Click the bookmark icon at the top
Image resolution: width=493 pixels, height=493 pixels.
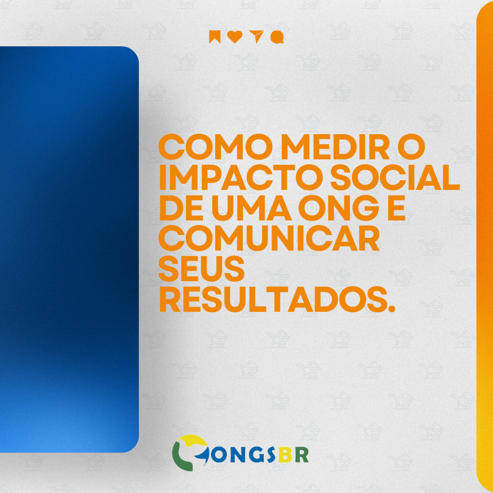[215, 37]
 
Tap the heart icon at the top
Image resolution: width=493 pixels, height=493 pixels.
[235, 37]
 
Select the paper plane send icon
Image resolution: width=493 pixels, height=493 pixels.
[256, 37]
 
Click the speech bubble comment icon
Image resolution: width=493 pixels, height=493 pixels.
[277, 37]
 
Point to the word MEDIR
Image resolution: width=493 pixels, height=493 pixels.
[335, 147]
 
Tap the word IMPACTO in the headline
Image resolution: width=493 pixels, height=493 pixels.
[242, 178]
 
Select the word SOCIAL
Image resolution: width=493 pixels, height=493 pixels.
[395, 178]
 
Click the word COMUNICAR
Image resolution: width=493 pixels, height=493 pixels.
[269, 239]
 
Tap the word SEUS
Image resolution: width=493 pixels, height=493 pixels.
[202, 269]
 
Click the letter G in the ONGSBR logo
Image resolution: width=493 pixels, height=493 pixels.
[256, 454]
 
